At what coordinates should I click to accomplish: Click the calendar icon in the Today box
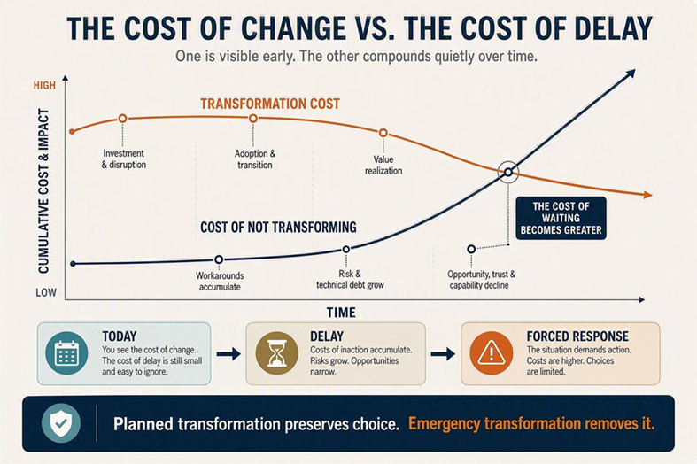(x=66, y=353)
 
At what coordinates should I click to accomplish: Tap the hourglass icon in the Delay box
(x=277, y=353)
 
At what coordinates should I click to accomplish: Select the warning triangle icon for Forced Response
(x=492, y=353)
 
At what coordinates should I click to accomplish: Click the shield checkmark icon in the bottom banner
(x=61, y=423)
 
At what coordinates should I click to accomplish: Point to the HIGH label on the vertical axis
(x=44, y=85)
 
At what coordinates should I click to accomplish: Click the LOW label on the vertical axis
(x=46, y=292)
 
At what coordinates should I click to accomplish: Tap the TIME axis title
(x=341, y=313)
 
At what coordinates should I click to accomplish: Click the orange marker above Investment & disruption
(x=123, y=119)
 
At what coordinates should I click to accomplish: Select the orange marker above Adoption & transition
(x=253, y=119)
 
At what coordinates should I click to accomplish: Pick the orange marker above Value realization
(x=383, y=133)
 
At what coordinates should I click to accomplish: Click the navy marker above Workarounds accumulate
(x=219, y=259)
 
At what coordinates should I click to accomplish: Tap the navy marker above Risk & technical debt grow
(x=345, y=250)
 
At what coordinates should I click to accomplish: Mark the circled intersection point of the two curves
(x=508, y=172)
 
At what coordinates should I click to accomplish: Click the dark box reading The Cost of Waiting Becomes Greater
(x=561, y=218)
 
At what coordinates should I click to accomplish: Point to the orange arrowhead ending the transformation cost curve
(x=647, y=195)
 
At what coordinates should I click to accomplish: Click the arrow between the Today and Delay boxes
(x=228, y=354)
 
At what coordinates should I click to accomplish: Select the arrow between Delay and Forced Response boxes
(x=443, y=354)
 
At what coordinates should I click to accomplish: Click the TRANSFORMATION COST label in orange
(x=270, y=104)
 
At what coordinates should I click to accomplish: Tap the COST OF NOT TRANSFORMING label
(x=278, y=227)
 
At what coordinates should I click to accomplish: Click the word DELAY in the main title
(x=614, y=28)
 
